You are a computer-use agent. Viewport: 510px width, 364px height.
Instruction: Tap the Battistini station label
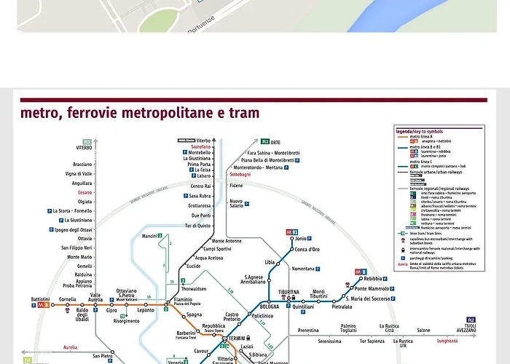(x=40, y=299)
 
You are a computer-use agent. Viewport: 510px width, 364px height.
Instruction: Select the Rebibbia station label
(x=372, y=279)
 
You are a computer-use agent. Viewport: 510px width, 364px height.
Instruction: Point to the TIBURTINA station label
(x=289, y=292)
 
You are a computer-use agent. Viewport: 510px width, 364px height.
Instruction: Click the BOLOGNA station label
(x=270, y=306)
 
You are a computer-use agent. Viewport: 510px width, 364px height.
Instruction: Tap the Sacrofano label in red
(x=200, y=146)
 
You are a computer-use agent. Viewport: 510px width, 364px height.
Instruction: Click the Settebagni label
(x=240, y=175)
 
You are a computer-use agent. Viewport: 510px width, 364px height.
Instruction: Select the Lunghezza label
(x=427, y=340)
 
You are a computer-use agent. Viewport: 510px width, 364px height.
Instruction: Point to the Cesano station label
(x=85, y=192)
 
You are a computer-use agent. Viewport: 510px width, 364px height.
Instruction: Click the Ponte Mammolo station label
(x=372, y=289)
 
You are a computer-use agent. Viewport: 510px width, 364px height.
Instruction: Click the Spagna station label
(x=194, y=314)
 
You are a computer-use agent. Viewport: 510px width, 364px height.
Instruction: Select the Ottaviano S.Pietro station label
(x=127, y=293)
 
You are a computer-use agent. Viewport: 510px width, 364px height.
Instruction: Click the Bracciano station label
(x=82, y=165)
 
